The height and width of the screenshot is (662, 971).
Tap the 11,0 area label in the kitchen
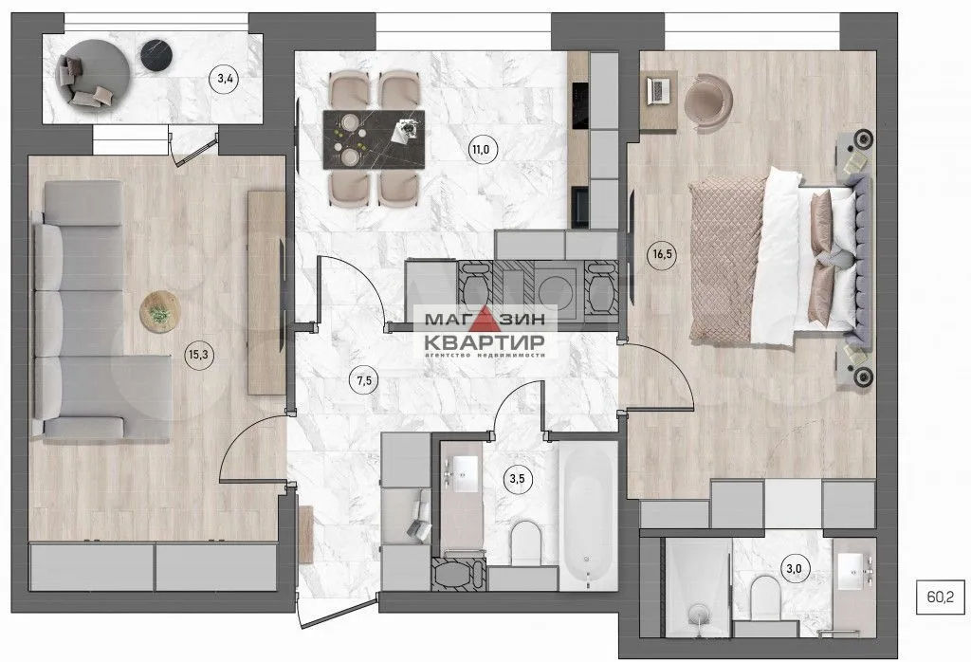(x=481, y=149)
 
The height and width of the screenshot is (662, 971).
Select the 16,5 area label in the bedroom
(x=662, y=253)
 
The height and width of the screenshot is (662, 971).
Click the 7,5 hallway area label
(x=364, y=380)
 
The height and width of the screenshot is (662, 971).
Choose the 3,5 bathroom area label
(x=517, y=478)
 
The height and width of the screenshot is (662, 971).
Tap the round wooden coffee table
(x=159, y=311)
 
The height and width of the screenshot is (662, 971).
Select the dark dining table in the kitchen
(x=374, y=139)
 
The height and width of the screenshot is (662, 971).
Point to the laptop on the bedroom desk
(x=658, y=90)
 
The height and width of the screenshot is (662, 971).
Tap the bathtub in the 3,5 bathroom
(x=588, y=516)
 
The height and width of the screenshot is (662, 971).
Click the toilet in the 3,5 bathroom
(x=526, y=542)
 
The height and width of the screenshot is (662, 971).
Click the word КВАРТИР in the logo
(x=484, y=341)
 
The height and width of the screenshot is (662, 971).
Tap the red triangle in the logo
(x=485, y=318)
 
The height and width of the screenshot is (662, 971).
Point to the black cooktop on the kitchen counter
(x=579, y=106)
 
